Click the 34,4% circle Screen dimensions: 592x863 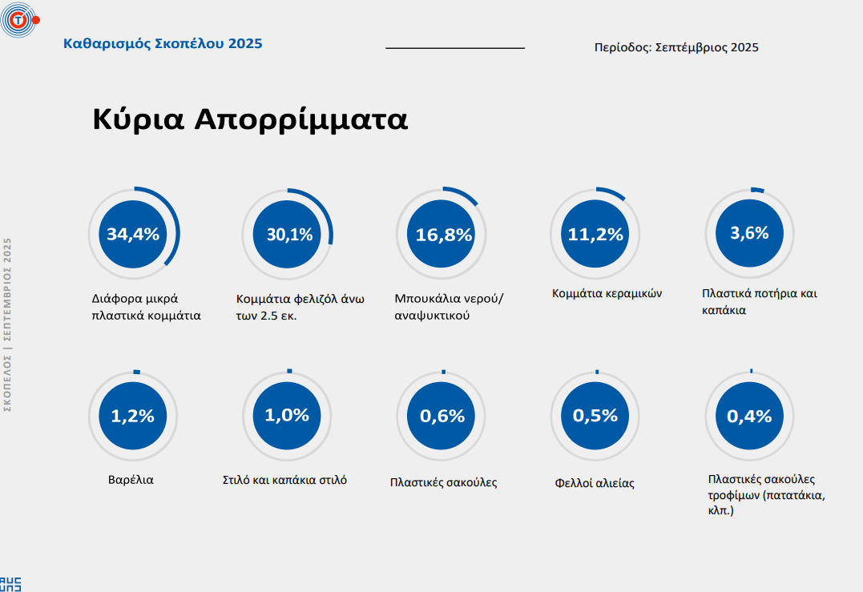point(133,234)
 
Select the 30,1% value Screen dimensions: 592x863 point(288,234)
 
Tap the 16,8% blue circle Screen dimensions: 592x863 point(443,234)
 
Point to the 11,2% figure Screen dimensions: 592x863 point(595,234)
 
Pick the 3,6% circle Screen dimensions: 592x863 point(749,233)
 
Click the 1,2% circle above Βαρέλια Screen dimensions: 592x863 point(133,416)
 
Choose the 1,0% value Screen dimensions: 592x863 point(288,415)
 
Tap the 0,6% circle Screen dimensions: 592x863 point(442,416)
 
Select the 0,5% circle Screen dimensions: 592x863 point(595,416)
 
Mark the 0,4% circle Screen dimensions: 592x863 point(749,416)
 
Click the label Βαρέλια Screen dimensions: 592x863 point(131,480)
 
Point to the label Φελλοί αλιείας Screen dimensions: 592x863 point(595,483)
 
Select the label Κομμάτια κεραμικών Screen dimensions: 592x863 point(607,293)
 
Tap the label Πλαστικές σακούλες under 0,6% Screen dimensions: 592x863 point(444,482)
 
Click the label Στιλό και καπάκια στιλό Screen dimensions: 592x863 point(284,481)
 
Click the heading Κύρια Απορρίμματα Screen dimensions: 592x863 point(250,119)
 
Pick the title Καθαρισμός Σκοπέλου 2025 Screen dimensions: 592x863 point(163,43)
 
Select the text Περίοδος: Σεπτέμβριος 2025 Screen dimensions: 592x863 point(676,47)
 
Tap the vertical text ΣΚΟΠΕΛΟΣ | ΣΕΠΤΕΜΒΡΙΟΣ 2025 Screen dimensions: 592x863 point(8,324)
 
